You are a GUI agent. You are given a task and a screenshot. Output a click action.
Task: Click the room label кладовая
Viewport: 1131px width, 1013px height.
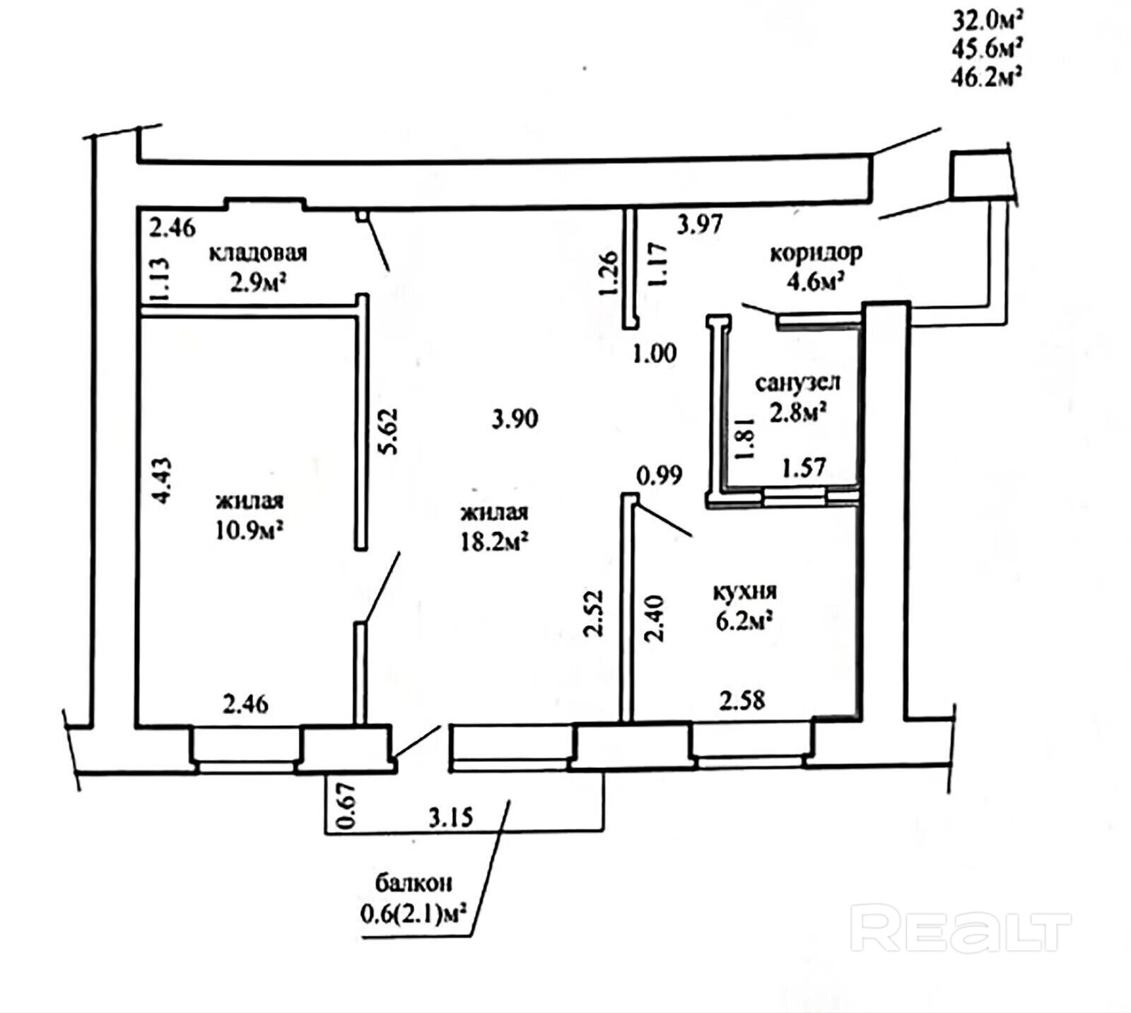click(x=258, y=252)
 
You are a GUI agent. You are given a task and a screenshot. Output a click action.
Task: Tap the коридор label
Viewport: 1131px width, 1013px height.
click(x=816, y=252)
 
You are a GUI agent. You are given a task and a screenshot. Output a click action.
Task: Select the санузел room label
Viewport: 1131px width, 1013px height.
click(x=797, y=382)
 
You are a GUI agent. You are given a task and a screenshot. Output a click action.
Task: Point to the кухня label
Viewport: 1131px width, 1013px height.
click(x=745, y=590)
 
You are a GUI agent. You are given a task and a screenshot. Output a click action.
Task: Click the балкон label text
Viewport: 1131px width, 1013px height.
click(x=414, y=882)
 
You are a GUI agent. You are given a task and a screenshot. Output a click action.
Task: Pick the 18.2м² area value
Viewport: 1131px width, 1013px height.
click(x=494, y=543)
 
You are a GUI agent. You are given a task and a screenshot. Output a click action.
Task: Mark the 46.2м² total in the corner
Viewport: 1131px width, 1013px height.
click(x=988, y=76)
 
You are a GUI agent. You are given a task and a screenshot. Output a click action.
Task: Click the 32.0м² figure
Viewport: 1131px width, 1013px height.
click(x=988, y=20)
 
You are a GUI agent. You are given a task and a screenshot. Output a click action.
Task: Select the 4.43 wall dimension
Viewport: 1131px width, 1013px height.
click(x=163, y=480)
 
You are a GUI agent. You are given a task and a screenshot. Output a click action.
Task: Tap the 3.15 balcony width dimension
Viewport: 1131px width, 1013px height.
click(x=451, y=817)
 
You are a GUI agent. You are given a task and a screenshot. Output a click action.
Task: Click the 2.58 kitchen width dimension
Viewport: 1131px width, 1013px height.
click(x=742, y=701)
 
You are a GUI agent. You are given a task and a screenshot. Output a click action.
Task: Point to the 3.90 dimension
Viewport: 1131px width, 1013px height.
click(x=515, y=418)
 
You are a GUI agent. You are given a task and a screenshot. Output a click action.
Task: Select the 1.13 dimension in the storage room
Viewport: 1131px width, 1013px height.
click(x=160, y=281)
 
